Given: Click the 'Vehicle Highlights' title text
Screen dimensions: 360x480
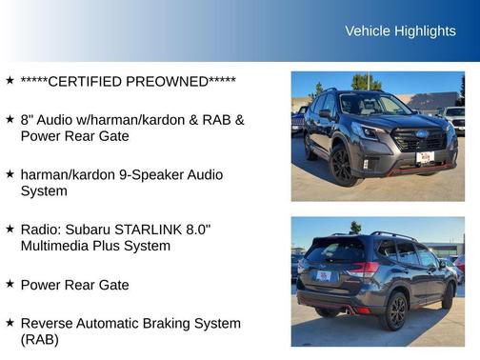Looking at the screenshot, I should [x=400, y=31].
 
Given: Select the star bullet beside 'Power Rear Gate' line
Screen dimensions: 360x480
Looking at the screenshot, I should [x=10, y=284].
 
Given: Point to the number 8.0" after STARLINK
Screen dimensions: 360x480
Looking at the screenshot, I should [x=192, y=230].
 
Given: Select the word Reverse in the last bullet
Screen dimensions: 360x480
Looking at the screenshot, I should [x=47, y=323].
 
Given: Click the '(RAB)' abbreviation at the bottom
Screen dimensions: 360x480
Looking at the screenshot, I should [x=39, y=339].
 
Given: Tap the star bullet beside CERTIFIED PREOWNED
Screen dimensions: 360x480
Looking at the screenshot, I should [x=10, y=81].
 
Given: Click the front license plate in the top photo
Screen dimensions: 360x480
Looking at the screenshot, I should [x=425, y=157].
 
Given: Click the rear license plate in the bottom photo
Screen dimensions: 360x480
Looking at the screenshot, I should [x=325, y=276].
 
